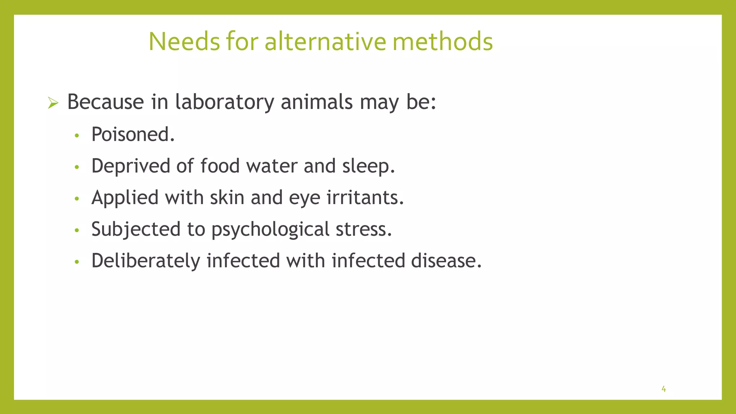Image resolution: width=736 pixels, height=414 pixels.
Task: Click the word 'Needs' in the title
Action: [184, 42]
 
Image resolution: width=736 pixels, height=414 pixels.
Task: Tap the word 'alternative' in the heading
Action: [325, 42]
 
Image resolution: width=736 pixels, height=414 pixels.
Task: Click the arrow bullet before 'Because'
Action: [53, 104]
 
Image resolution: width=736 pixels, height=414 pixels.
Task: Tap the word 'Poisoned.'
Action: [133, 134]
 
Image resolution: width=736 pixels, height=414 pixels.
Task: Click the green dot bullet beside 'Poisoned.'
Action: [76, 136]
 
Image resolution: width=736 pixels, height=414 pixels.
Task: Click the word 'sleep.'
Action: [368, 166]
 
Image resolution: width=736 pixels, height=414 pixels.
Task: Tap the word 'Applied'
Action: [125, 198]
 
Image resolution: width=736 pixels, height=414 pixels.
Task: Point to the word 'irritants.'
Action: [365, 198]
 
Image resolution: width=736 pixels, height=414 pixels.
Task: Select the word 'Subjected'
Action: [136, 229]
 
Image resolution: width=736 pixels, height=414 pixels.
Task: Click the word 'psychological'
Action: [270, 229]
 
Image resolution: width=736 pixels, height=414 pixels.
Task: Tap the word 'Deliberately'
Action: [146, 261]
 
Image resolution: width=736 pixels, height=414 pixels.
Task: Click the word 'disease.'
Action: [446, 261]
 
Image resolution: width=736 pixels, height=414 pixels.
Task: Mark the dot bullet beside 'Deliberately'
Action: [76, 262]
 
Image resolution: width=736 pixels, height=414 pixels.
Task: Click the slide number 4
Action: [663, 389]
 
